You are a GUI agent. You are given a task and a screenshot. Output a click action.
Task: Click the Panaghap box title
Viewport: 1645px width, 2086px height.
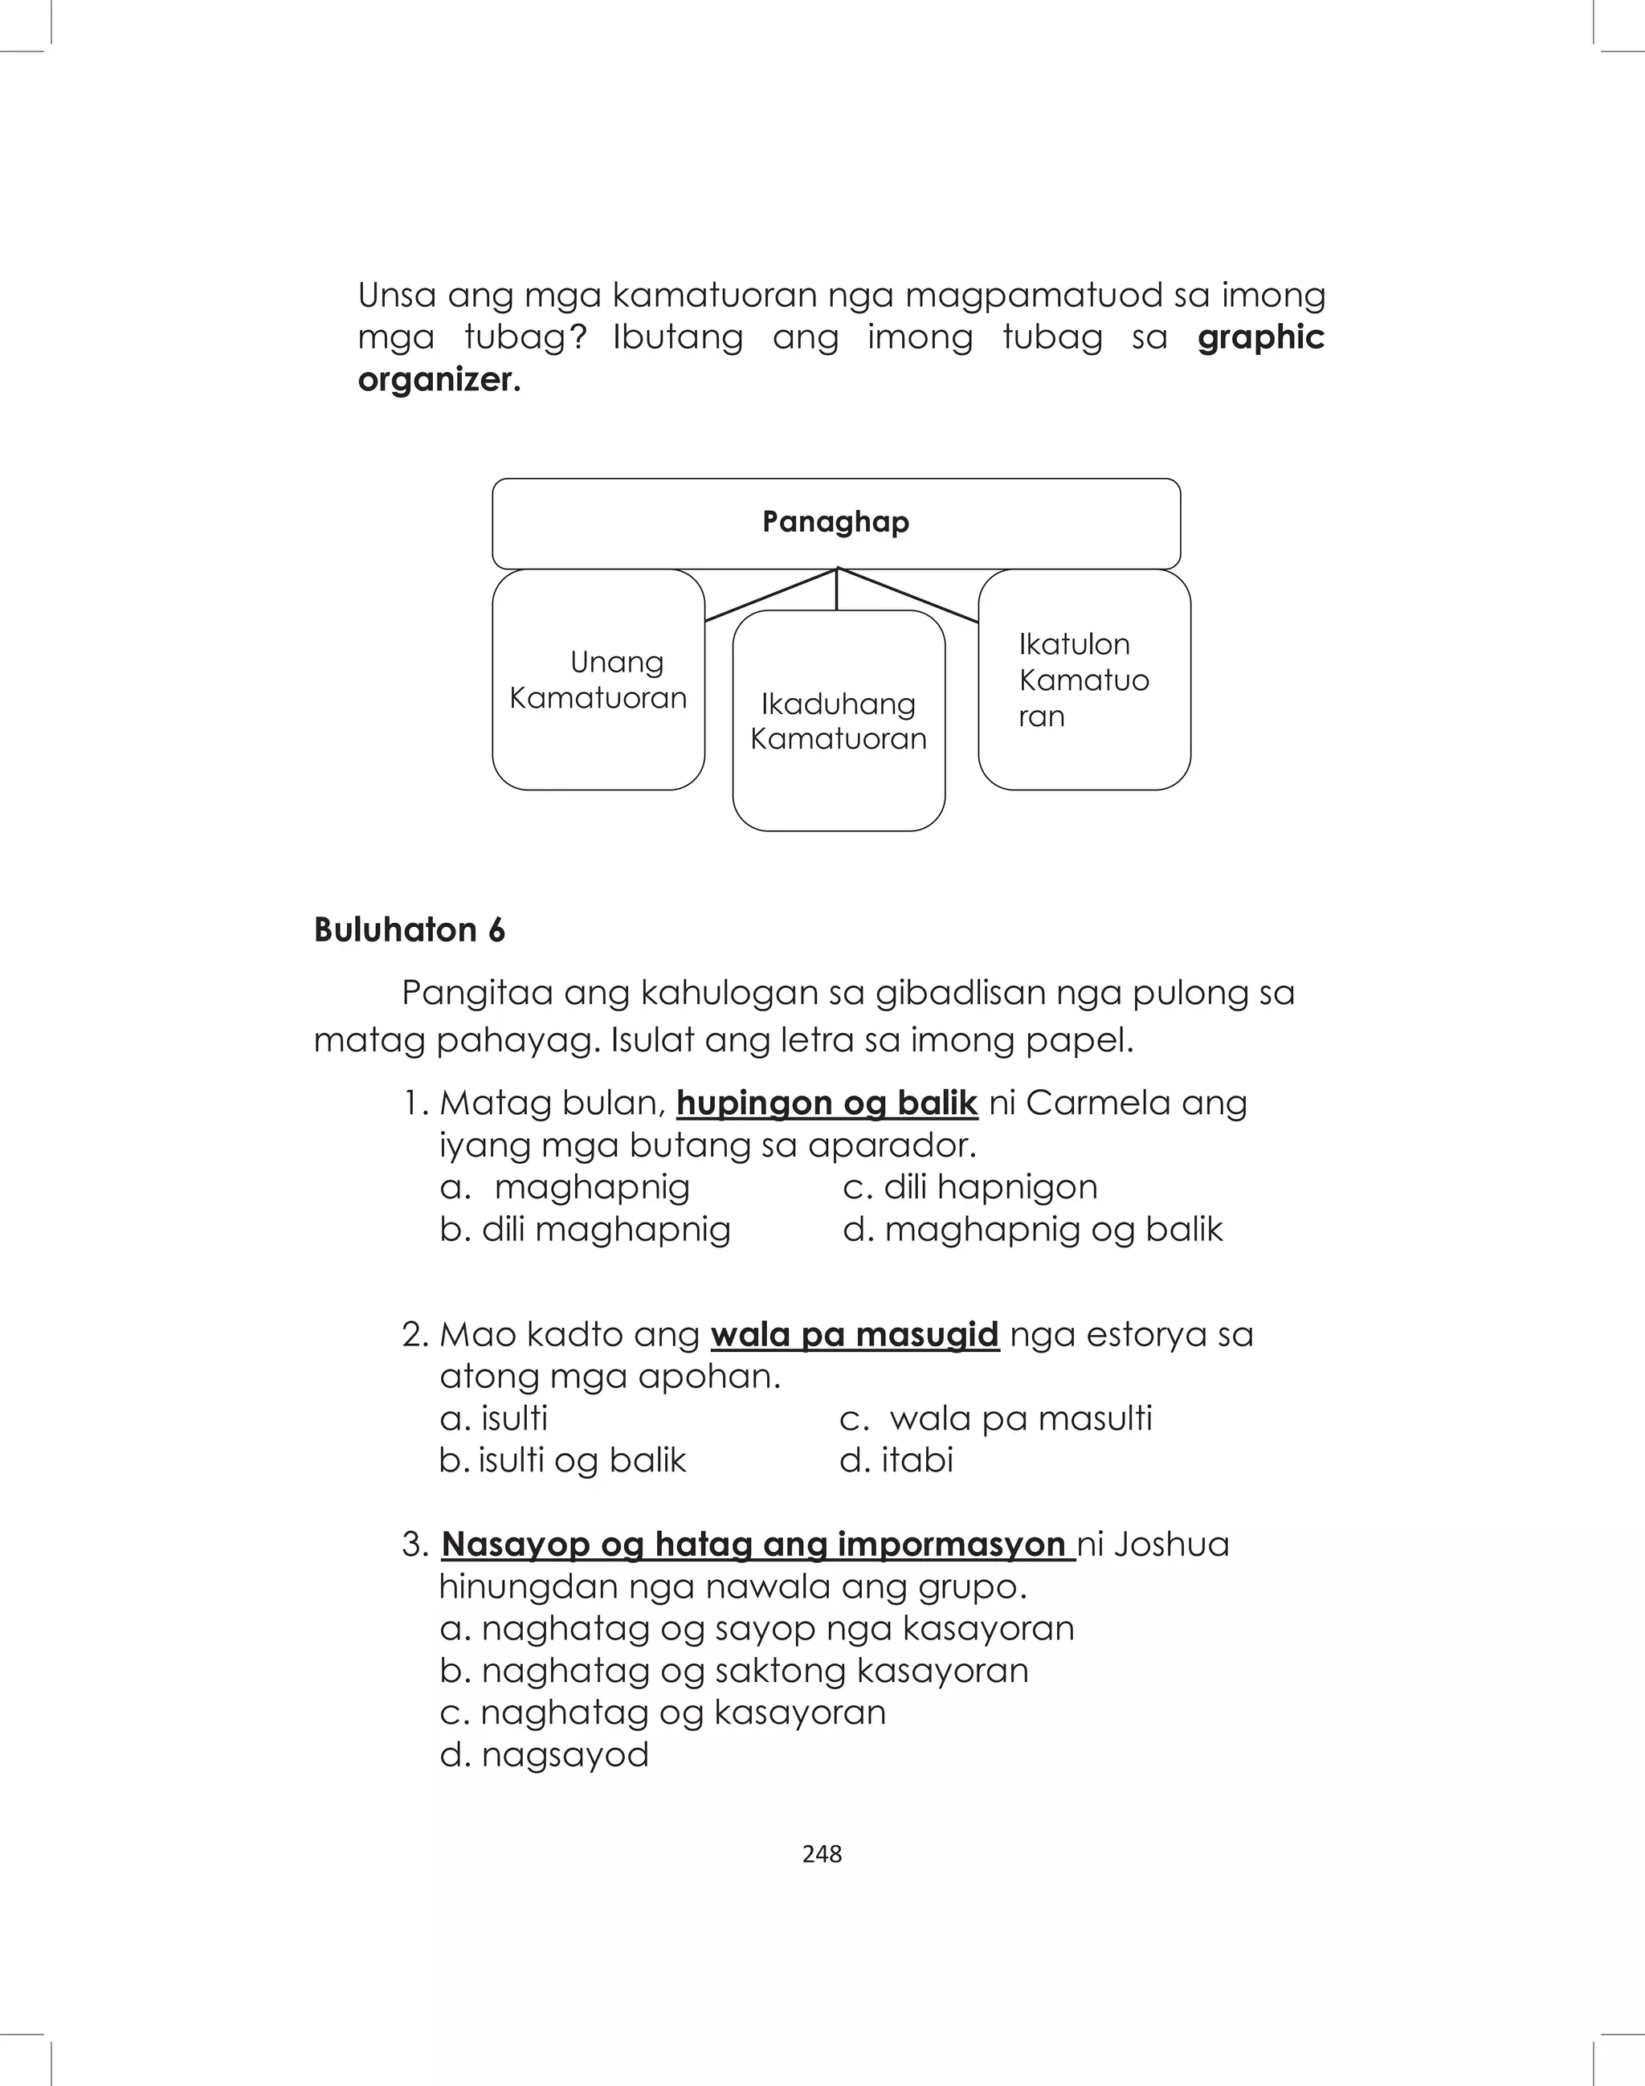[835, 522]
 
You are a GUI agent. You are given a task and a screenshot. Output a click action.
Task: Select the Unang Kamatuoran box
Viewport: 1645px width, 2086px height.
[598, 680]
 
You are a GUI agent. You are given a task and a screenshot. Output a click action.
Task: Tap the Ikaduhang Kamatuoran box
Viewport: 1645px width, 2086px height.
[838, 721]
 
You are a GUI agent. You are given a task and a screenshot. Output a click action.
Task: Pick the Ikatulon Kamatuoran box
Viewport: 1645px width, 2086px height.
[1084, 680]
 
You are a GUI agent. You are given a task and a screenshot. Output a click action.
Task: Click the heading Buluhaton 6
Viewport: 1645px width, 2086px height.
[410, 930]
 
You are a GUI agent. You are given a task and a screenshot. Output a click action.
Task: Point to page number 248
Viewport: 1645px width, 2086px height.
[822, 1854]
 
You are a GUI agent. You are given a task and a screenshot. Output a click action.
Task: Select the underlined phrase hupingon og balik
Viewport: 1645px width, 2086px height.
[827, 1103]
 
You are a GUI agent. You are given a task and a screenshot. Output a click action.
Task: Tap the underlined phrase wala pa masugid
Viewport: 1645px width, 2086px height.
[855, 1335]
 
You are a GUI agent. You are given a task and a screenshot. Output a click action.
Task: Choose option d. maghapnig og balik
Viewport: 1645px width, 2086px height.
[1032, 1230]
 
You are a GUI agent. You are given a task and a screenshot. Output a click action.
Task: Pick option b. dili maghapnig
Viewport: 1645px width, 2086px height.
[585, 1230]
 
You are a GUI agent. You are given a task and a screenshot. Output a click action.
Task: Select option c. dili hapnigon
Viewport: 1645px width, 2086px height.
[969, 1187]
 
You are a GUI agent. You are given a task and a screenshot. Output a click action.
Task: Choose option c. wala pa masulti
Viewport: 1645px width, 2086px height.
[996, 1419]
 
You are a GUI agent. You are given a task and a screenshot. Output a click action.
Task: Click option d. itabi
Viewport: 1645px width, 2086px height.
[896, 1460]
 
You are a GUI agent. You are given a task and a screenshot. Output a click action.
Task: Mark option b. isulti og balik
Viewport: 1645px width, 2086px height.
[562, 1460]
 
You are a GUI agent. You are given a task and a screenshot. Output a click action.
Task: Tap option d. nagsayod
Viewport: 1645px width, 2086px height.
[544, 1755]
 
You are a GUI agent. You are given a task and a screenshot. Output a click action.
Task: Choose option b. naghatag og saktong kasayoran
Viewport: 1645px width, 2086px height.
[734, 1670]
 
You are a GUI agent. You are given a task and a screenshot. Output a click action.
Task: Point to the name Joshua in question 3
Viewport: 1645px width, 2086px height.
[1171, 1544]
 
